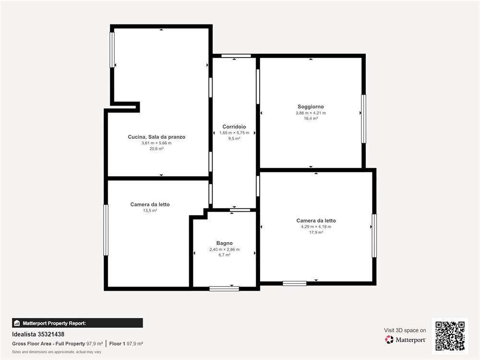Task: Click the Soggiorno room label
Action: (x=311, y=107)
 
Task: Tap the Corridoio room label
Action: (x=234, y=127)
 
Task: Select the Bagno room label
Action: (x=224, y=243)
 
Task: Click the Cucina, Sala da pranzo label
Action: (x=156, y=137)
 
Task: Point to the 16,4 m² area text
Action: (x=311, y=119)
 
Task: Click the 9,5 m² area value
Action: (x=234, y=138)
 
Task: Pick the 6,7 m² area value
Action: (x=224, y=255)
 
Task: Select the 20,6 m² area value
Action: (x=156, y=149)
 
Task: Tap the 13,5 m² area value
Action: (x=150, y=211)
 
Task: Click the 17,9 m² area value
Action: (x=316, y=232)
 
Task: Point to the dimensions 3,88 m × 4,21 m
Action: (x=311, y=113)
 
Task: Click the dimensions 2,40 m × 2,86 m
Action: (x=224, y=250)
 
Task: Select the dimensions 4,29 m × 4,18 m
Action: (x=316, y=227)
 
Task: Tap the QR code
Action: (x=450, y=336)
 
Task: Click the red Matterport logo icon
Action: (x=389, y=339)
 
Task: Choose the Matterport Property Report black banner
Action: (x=77, y=323)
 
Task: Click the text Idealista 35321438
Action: (x=38, y=334)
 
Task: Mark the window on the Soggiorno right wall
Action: (x=363, y=119)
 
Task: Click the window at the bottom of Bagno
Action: (x=224, y=288)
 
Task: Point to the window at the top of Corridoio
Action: (x=236, y=56)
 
